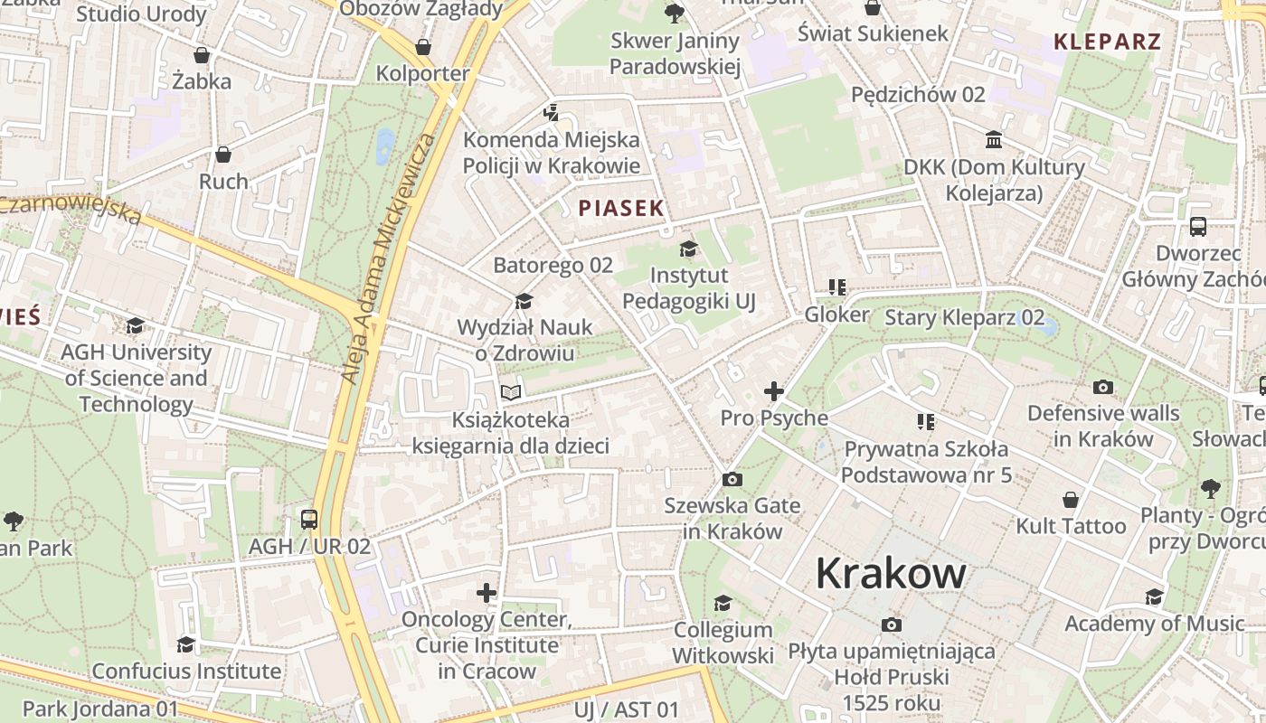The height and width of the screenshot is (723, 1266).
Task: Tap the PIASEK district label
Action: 621,208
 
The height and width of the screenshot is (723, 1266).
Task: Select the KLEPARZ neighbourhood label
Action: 1107,41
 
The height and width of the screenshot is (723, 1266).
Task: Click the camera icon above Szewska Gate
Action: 732,479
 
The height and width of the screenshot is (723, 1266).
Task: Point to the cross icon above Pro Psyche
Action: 774,391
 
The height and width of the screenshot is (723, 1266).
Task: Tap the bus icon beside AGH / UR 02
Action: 309,520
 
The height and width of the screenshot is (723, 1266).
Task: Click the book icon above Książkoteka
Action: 511,392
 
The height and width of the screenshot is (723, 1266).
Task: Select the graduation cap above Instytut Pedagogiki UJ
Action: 689,249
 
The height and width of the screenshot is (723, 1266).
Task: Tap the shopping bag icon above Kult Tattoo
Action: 1071,500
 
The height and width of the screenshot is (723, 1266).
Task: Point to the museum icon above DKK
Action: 994,140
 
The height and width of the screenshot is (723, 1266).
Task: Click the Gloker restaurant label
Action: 836,315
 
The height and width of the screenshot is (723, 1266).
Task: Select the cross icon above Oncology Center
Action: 487,593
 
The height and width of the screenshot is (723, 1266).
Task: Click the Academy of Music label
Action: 1154,623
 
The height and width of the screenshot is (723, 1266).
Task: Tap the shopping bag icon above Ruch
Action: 223,155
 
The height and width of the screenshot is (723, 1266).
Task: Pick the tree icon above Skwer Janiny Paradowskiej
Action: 674,13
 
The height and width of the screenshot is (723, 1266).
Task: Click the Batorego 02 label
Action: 553,265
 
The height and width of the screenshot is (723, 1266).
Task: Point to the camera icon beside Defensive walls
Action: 1103,388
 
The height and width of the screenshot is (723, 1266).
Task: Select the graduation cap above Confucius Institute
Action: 186,644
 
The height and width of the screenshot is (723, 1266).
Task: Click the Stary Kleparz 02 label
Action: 964,317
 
